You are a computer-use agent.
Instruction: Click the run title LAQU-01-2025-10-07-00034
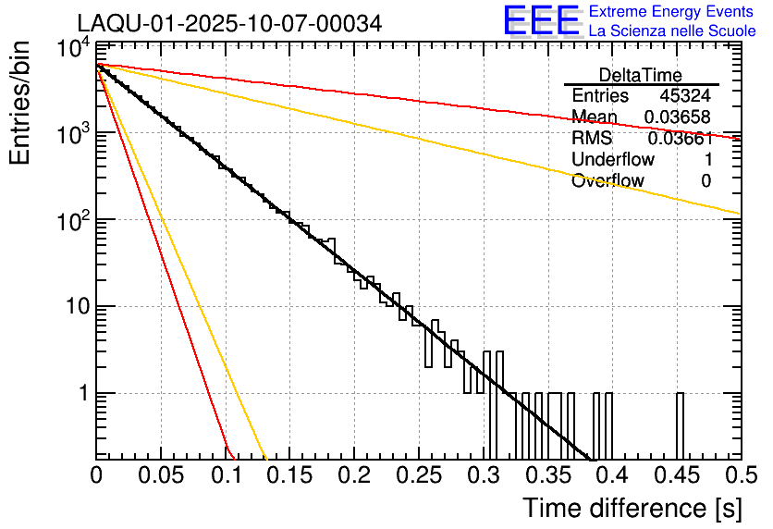(x=228, y=24)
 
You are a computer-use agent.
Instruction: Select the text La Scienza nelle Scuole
(x=672, y=31)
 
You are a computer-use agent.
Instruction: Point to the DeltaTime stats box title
(x=641, y=75)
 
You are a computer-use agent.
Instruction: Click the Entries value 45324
(x=685, y=96)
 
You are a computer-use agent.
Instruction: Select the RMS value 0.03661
(x=680, y=139)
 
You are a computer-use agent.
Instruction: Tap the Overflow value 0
(x=706, y=180)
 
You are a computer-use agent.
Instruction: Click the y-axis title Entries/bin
(x=22, y=102)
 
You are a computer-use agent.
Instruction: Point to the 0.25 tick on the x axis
(x=418, y=475)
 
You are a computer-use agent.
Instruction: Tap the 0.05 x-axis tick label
(x=160, y=475)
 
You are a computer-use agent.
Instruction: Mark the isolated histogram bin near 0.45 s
(x=680, y=425)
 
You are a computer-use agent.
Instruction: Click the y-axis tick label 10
(x=76, y=307)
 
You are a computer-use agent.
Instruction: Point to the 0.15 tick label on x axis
(x=289, y=475)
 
